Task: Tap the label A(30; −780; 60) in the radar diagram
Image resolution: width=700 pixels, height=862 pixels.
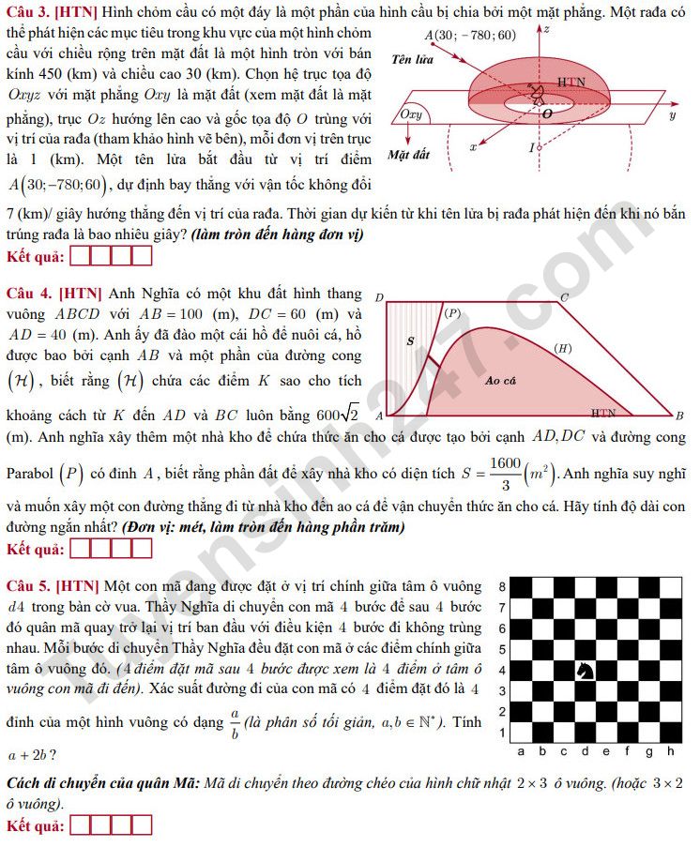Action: click(470, 36)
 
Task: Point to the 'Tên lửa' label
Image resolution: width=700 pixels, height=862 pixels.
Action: click(412, 59)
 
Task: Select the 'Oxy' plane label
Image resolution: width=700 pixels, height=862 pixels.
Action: click(411, 114)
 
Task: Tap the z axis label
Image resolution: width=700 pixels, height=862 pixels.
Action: click(547, 29)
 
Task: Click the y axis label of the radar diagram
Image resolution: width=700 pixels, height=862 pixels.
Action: click(673, 115)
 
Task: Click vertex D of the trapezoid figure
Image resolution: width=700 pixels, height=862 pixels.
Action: click(380, 298)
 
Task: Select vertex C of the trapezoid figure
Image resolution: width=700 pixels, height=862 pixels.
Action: click(563, 298)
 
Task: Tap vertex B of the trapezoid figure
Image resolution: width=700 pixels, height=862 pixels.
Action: click(678, 416)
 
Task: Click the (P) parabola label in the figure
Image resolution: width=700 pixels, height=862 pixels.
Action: click(452, 312)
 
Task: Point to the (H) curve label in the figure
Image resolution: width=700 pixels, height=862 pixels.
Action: click(563, 348)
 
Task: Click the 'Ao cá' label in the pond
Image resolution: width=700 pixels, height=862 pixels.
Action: click(501, 380)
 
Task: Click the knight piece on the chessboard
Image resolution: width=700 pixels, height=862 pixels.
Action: click(585, 670)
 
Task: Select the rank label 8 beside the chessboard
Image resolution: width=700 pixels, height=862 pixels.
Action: click(503, 587)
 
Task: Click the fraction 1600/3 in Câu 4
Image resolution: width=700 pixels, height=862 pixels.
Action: click(505, 474)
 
